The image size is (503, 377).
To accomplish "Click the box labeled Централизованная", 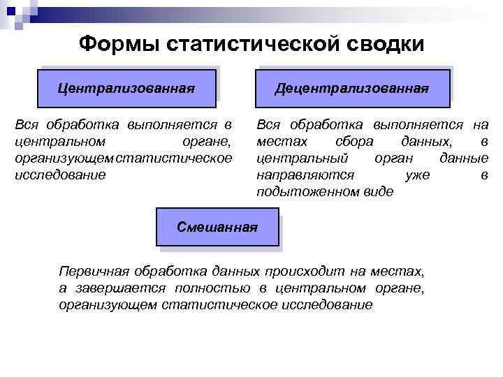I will tap(126, 88).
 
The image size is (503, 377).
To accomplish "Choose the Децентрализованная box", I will tap(352, 88).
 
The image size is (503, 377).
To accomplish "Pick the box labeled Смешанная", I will tap(217, 227).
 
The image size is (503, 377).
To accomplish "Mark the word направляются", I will tap(305, 175).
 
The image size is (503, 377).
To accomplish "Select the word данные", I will tap(464, 158).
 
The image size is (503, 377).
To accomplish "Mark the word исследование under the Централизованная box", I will tap(60, 175).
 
